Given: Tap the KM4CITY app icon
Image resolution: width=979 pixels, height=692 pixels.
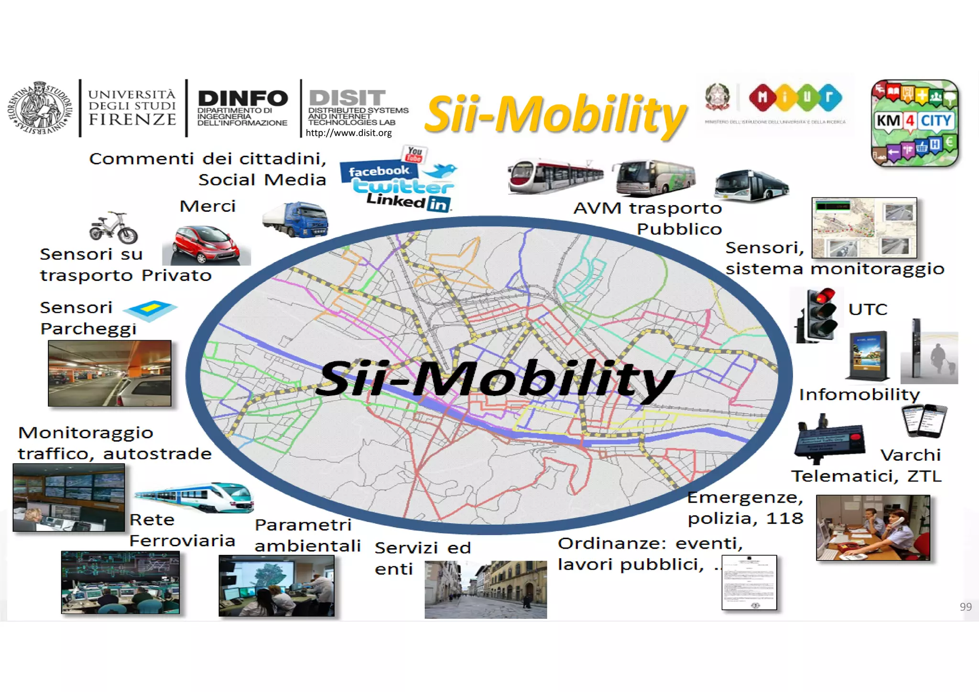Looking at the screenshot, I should [914, 123].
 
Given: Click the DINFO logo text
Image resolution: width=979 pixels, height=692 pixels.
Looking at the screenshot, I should [242, 99].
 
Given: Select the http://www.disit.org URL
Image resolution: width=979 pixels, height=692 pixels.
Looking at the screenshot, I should [348, 133].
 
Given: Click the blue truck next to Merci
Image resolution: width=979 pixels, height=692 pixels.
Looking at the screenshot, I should [296, 219].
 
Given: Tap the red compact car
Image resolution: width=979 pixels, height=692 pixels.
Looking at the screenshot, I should [206, 244].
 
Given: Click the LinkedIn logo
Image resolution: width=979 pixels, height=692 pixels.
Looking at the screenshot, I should [408, 202].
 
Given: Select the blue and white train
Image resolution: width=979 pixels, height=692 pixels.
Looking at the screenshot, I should [195, 497].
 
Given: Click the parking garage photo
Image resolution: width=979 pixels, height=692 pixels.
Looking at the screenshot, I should [109, 373].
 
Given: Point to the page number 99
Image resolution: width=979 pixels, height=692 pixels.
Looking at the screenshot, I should [966, 607].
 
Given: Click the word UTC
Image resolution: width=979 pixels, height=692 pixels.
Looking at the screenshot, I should [868, 309].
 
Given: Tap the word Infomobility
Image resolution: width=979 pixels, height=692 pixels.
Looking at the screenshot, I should [859, 395].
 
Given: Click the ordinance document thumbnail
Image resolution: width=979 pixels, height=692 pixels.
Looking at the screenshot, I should [749, 583].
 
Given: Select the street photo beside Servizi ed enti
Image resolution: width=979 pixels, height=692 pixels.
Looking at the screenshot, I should [486, 589].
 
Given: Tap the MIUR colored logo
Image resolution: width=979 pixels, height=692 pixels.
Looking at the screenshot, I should [796, 97].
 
